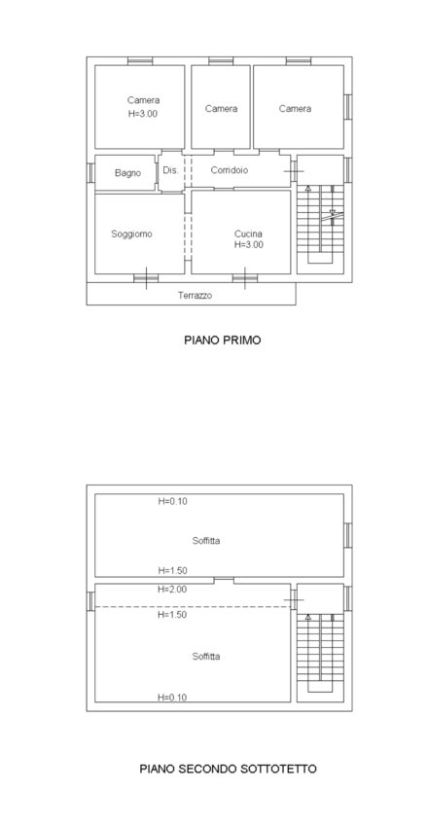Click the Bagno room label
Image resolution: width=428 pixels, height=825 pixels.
tap(127, 173)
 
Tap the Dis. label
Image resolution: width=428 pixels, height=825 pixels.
tap(171, 170)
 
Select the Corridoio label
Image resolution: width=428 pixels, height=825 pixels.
tap(230, 170)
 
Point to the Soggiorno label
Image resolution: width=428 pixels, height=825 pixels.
tap(131, 234)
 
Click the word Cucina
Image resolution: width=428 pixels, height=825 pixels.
tap(249, 234)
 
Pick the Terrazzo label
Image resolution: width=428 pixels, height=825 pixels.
tap(196, 296)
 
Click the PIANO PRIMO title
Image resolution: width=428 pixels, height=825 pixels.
tap(223, 341)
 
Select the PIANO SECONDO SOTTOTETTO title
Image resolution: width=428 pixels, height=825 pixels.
tap(229, 769)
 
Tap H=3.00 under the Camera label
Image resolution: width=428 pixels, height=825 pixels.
tap(143, 114)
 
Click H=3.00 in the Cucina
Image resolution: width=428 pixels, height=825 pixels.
tap(249, 244)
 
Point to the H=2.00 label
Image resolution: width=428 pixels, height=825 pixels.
tap(172, 590)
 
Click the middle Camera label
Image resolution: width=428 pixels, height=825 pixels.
tap(222, 109)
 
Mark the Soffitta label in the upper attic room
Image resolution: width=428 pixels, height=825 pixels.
tap(206, 540)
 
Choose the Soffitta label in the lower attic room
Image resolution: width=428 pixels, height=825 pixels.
tap(206, 657)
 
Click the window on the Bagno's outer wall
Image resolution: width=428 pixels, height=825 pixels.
tap(90, 172)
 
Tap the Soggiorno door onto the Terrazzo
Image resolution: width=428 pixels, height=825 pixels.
tap(146, 278)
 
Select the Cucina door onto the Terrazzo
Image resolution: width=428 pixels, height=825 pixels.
tap(245, 278)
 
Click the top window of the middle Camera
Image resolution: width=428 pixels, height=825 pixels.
tap(221, 61)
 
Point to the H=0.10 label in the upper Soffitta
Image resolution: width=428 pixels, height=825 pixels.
tap(172, 501)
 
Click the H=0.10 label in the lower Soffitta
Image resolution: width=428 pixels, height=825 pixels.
tap(172, 698)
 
